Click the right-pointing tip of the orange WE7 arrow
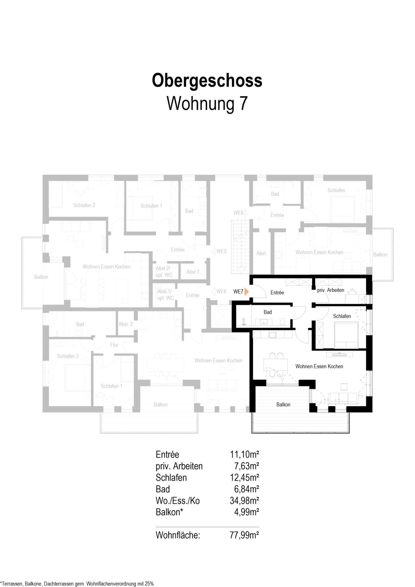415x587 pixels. [248, 291]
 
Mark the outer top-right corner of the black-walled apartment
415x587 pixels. [372, 274]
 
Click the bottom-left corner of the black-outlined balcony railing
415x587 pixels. [252, 433]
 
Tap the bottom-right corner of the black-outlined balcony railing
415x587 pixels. [349, 433]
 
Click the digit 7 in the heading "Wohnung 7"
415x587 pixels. [243, 103]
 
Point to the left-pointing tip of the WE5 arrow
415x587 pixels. [211, 252]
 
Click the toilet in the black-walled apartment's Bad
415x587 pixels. [282, 321]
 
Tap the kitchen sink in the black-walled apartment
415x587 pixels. [272, 334]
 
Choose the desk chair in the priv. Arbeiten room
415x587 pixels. [353, 291]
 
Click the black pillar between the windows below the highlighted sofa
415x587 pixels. [332, 409]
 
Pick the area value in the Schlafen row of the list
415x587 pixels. [244, 478]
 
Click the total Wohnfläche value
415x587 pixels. [244, 535]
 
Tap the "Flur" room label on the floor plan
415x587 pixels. [114, 345]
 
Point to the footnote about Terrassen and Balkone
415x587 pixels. [77, 584]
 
